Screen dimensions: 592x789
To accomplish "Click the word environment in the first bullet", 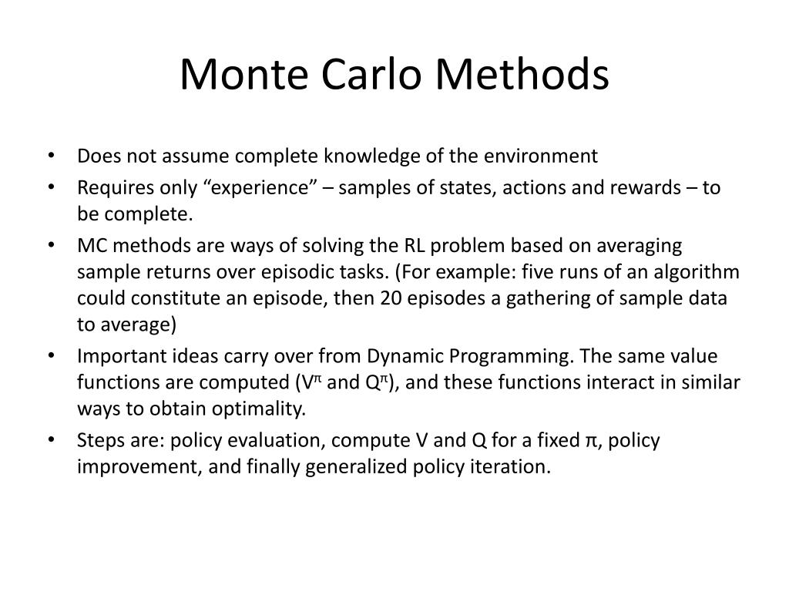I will (x=540, y=156).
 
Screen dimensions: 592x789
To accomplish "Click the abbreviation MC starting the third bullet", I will (x=90, y=246).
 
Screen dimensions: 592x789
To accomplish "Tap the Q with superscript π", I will (x=371, y=382).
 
